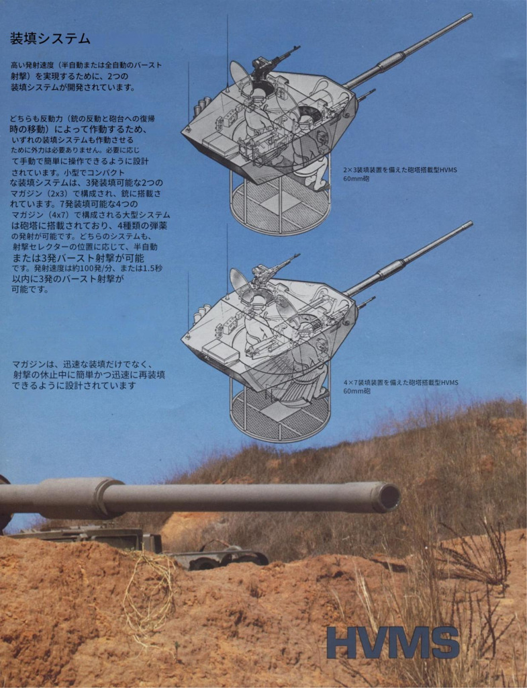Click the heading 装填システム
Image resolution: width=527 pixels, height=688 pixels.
50,38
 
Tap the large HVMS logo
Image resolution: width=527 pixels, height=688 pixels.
393,643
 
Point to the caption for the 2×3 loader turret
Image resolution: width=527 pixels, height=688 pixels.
400,174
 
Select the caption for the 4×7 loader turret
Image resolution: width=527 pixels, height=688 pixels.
400,386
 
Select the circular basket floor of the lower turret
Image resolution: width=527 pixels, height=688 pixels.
281,415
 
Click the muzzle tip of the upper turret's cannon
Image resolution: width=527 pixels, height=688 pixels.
471,16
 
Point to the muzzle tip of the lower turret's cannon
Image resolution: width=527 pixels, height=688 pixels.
471,224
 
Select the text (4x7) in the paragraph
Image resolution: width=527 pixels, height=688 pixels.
60,215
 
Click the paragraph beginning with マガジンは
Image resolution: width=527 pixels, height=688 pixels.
89,375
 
